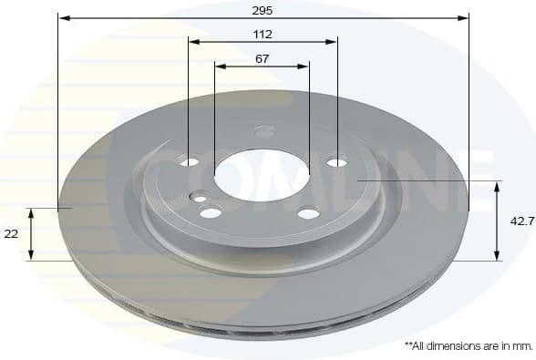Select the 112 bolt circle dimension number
coord(263,34)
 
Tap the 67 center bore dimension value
coord(263,58)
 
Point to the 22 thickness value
coord(12,234)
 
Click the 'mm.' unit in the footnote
coord(522,346)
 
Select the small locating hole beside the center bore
coord(200,197)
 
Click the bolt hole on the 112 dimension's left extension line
coord(190,161)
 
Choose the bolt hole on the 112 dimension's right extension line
coord(336,162)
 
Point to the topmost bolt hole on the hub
coord(264,131)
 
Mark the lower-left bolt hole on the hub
coord(211,212)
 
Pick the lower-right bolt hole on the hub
coord(309,214)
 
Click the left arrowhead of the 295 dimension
coord(63,17)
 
